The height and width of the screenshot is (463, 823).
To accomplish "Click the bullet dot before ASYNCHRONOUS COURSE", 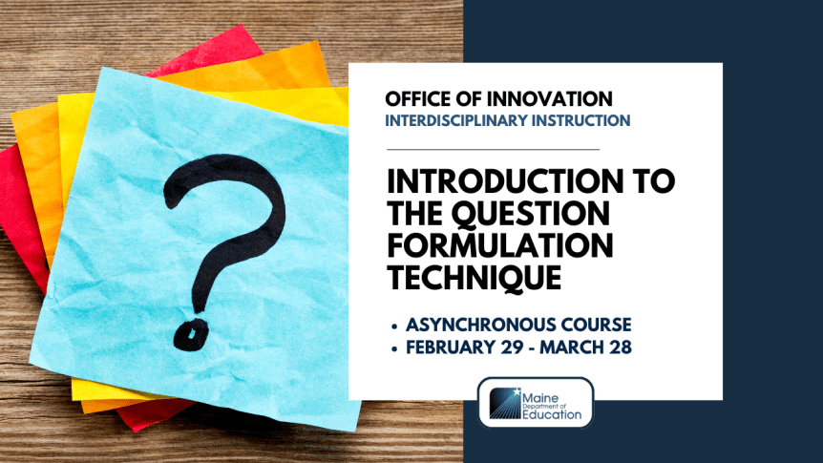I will point(394,326).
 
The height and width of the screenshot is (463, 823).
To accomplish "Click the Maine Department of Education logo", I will point(536,402).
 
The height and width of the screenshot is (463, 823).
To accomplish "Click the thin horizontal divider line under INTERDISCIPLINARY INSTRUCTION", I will point(493,150).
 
